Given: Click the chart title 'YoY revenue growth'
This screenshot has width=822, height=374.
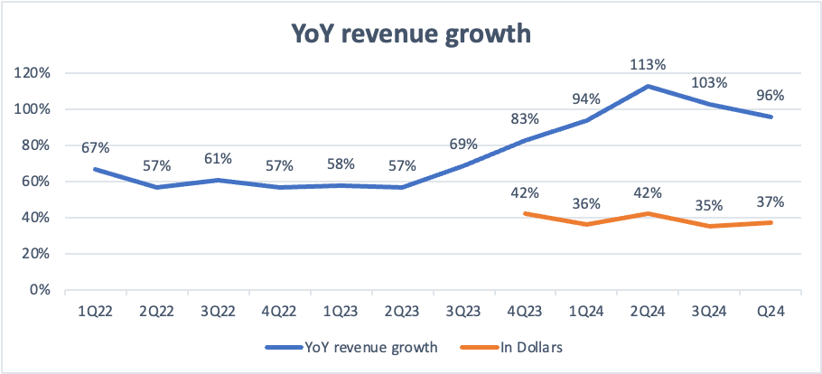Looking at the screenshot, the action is (410, 35).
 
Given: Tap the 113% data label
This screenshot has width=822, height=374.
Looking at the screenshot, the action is (649, 65).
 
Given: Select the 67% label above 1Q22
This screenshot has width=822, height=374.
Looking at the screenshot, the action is (96, 148).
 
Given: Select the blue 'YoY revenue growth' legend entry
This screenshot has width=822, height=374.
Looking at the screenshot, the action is (351, 347).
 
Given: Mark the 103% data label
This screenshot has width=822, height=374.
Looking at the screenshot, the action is (710, 83).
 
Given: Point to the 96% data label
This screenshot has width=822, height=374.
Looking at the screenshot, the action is (771, 96).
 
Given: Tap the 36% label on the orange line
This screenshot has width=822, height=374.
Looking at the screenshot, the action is (586, 203).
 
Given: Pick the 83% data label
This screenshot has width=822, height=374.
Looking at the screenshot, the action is (526, 119).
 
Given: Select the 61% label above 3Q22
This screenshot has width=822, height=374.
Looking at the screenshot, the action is (218, 159).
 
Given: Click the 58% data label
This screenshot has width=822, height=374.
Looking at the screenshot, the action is (341, 164).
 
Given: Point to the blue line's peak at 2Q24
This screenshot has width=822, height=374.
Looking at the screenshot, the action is (649, 86).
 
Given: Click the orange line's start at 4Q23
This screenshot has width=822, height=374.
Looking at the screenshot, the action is (526, 213).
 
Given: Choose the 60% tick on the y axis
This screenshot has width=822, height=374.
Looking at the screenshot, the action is (38, 182).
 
